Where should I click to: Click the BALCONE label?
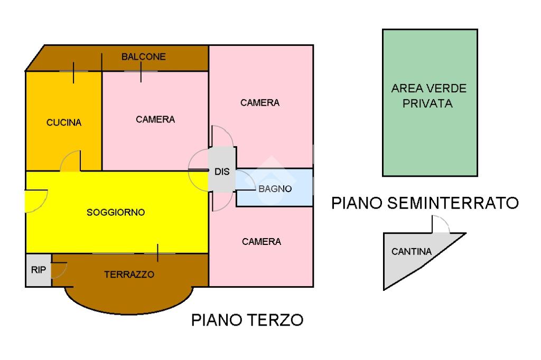point(144,56)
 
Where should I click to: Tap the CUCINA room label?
point(64,122)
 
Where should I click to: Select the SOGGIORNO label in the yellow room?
point(116,212)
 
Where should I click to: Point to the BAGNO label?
point(275,189)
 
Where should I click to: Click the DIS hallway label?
point(222,172)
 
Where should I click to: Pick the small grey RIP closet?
point(39,270)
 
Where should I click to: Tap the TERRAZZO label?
point(129,274)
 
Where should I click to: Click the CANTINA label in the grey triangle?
point(412,252)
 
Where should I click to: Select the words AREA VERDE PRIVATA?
point(428,96)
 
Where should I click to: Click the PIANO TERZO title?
point(247,320)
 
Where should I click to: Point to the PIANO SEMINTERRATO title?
point(425,203)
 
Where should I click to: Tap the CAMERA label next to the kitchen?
point(155,119)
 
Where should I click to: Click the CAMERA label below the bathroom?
point(262,241)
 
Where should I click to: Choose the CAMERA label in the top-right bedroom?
point(260,102)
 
